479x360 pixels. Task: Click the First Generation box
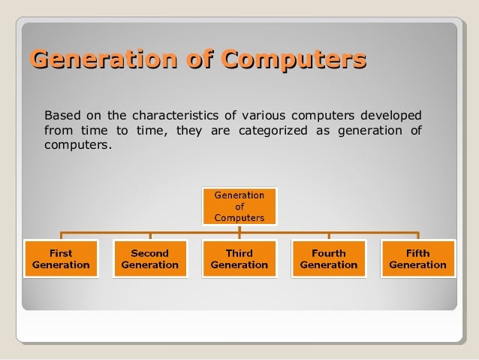click(x=61, y=259)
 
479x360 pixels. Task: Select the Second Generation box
click(x=149, y=259)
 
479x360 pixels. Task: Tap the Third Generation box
click(x=239, y=259)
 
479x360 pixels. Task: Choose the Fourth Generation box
click(x=328, y=259)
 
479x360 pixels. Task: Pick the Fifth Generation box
click(x=417, y=259)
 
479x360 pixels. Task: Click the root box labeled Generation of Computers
click(x=239, y=206)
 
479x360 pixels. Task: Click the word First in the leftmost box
click(x=61, y=253)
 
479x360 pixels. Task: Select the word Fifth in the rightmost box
click(x=417, y=253)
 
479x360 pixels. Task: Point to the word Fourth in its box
click(x=328, y=253)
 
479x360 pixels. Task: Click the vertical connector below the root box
click(x=239, y=228)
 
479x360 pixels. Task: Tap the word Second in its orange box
click(x=149, y=253)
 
